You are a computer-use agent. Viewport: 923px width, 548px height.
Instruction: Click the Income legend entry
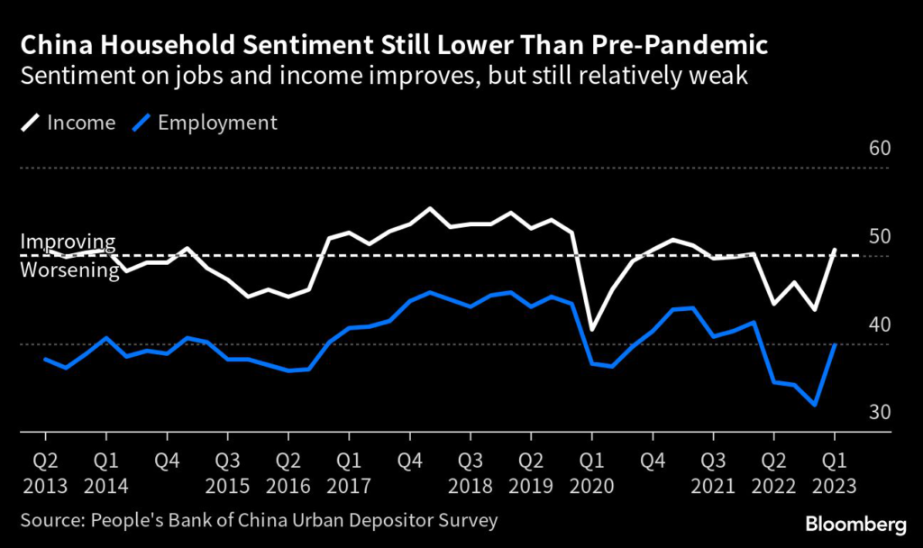click(x=69, y=123)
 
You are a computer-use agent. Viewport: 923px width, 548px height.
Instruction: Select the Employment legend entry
click(x=205, y=123)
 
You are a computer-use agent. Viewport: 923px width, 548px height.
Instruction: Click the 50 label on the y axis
click(x=879, y=237)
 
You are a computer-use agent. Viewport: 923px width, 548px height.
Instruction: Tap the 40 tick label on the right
click(x=879, y=325)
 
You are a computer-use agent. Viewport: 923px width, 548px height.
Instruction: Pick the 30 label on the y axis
click(x=879, y=413)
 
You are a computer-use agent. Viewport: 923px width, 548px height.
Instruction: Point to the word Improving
click(x=69, y=242)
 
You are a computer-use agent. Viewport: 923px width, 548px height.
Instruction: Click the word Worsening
click(x=70, y=270)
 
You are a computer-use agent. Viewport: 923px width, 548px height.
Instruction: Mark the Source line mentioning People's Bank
click(x=260, y=521)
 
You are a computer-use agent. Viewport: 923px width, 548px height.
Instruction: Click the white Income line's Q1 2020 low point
click(x=592, y=330)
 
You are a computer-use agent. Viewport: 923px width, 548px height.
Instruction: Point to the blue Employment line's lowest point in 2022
click(x=816, y=405)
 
